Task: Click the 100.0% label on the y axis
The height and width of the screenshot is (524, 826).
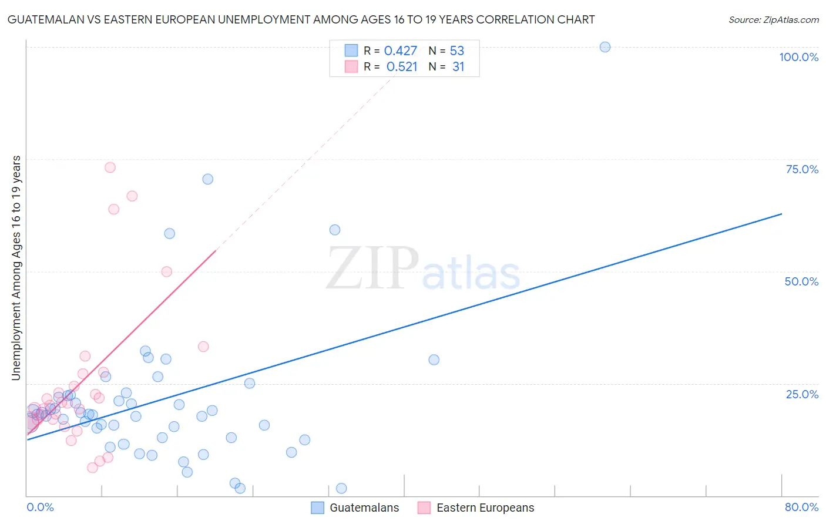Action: click(798, 57)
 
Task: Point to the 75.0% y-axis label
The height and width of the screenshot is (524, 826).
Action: click(802, 169)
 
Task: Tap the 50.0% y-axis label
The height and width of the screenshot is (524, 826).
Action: click(801, 281)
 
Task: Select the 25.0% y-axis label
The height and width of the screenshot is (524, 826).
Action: click(802, 394)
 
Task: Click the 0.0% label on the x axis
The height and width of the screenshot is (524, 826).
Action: click(40, 507)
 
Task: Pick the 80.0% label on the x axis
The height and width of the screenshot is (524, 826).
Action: click(801, 507)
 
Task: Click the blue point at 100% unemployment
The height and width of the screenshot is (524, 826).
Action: click(605, 47)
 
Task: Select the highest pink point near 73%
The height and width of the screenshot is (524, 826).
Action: click(110, 167)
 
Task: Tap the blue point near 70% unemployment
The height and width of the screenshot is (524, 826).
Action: click(208, 179)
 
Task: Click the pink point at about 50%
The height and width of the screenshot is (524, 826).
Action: click(167, 271)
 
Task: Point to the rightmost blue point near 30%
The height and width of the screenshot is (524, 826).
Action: click(434, 360)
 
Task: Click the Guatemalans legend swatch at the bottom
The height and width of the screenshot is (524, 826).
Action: click(317, 508)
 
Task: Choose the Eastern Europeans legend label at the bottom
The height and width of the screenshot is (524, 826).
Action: click(485, 508)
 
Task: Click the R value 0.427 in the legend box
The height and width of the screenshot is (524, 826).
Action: click(401, 51)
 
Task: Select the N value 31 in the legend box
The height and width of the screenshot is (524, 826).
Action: click(458, 67)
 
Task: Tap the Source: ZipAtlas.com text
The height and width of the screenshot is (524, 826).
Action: click(773, 19)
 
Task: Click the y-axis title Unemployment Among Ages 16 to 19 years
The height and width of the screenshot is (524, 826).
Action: click(16, 268)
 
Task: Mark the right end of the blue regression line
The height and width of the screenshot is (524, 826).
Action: click(781, 214)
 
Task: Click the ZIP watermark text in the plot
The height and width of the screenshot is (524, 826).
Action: click(372, 268)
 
